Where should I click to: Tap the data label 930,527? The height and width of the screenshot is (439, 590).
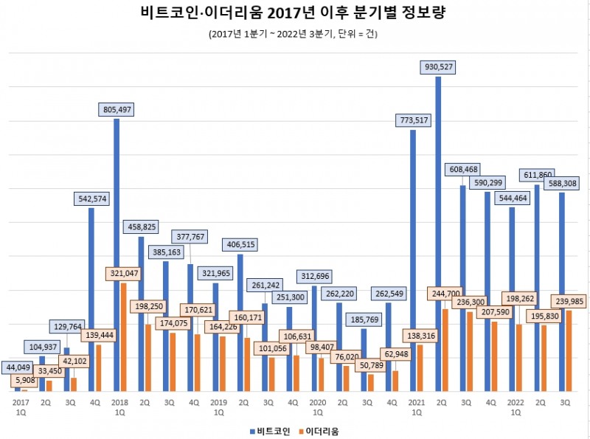438,66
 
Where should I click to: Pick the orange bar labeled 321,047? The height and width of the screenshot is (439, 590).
123,336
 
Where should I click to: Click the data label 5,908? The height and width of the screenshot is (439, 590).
26,381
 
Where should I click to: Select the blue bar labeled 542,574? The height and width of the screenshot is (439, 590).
91,299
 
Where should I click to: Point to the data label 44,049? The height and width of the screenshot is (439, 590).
20,367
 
